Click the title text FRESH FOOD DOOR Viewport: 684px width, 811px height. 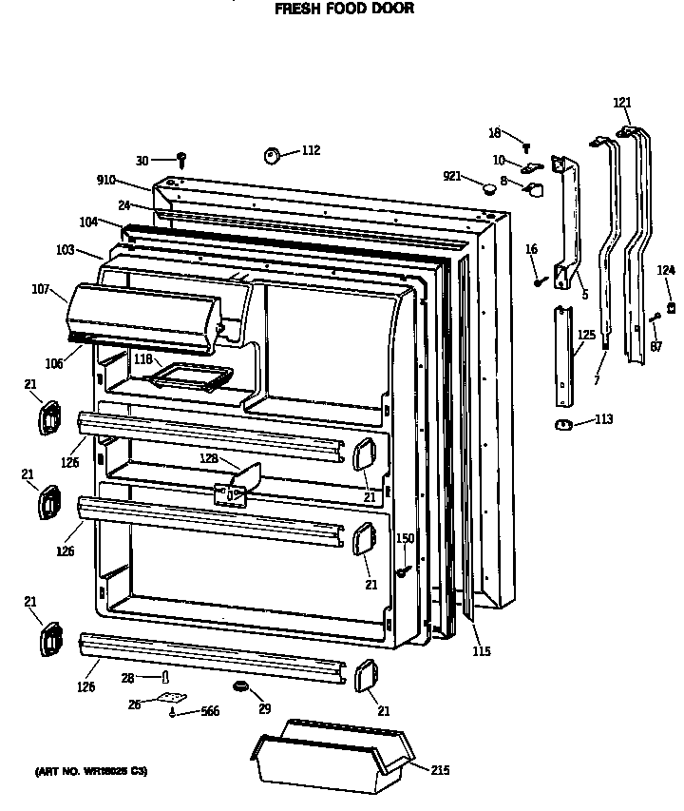[x=344, y=10]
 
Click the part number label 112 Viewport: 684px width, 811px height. [x=311, y=150]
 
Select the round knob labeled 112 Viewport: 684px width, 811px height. [x=272, y=155]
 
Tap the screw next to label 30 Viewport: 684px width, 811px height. [x=181, y=161]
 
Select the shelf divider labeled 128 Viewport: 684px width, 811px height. [x=237, y=482]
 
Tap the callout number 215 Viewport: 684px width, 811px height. [x=439, y=770]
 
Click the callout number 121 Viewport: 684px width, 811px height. [x=621, y=103]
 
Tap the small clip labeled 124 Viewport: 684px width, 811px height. [x=671, y=306]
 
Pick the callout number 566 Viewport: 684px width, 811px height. [x=209, y=711]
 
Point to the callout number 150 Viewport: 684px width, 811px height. [x=406, y=539]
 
